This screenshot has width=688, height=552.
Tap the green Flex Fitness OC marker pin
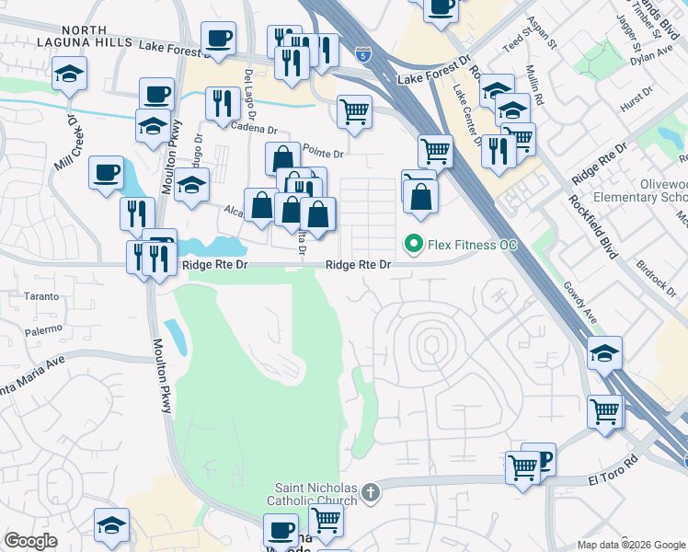point(414,245)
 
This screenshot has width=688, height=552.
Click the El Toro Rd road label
point(613,480)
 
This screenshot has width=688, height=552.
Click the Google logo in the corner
point(30,541)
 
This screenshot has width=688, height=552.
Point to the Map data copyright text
point(631,545)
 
